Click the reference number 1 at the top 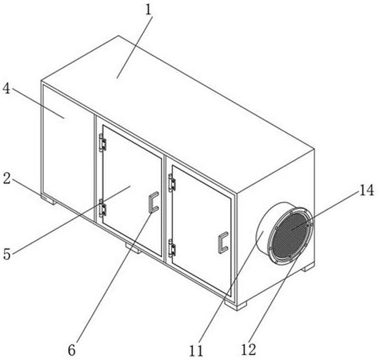pos(149,10)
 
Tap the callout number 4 pos(7,89)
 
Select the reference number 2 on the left pos(7,178)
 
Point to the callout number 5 pos(7,254)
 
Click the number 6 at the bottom pos(72,350)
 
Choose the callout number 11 pos(196,351)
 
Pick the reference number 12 pos(248,350)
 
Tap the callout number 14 pos(367,190)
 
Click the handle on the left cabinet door pos(153,203)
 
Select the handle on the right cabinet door pos(223,242)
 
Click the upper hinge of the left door pos(103,143)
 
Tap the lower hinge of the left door pos(103,208)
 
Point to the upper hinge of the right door pos(172,183)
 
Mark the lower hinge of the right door pos(172,248)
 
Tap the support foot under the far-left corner pos(49,200)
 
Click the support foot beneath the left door pos(133,249)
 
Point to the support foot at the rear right pos(308,267)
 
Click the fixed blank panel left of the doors pos(68,152)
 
